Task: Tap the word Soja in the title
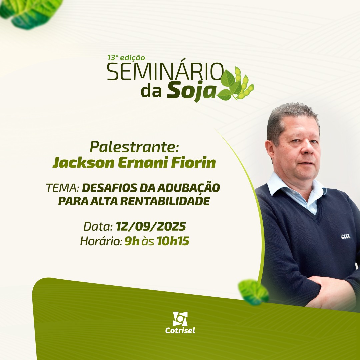pos(191,91)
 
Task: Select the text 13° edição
pos(126,57)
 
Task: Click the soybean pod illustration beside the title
pos(236,84)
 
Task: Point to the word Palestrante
pos(134,147)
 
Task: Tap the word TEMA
pos(63,188)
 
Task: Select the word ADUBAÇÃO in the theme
pos(188,187)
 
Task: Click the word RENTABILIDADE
pos(165,201)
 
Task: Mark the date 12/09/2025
pos(151,226)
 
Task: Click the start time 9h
pos(132,241)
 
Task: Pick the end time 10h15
pos(173,241)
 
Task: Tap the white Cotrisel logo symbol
pos(180,319)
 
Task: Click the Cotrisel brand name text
pos(180,330)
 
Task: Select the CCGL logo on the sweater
pos(346,236)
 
